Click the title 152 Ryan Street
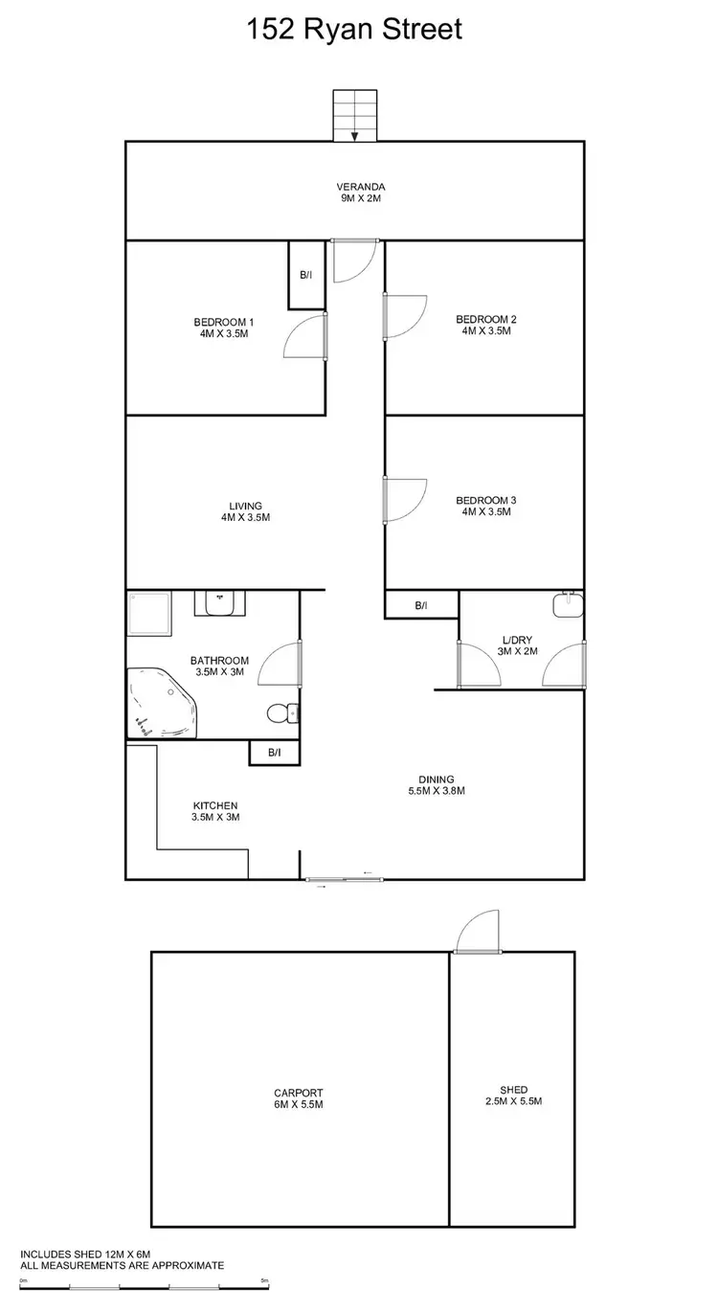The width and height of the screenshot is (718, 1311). [354, 29]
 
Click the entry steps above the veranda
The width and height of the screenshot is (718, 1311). [354, 115]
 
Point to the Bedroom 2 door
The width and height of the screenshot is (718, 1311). [402, 316]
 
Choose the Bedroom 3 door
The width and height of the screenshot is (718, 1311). [402, 499]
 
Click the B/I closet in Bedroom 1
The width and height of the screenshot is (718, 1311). [306, 275]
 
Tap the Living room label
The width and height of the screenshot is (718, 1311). [245, 511]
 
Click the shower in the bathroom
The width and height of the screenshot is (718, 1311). [150, 613]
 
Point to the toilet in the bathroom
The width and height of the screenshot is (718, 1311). [283, 712]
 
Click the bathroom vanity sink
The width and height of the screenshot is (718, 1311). [220, 603]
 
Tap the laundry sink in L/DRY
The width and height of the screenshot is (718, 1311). [568, 605]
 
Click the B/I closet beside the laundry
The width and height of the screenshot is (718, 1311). [421, 605]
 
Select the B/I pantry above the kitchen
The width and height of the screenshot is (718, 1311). [274, 753]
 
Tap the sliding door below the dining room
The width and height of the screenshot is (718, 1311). [345, 879]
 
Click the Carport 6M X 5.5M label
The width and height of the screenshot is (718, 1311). [299, 1097]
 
